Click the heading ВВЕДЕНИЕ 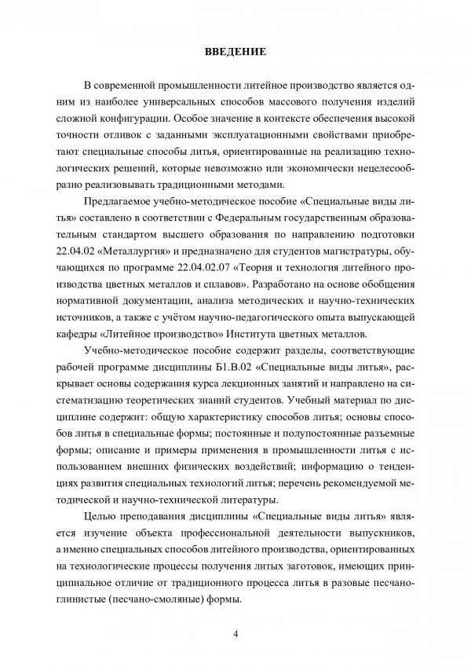[235, 53]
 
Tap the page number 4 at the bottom [235, 635]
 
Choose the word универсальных [192, 103]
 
